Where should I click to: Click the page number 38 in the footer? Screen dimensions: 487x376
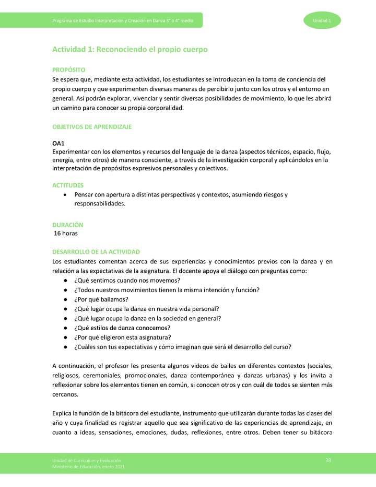pyautogui.click(x=328, y=460)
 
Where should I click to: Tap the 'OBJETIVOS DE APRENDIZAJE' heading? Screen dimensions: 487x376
pyautogui.click(x=92, y=127)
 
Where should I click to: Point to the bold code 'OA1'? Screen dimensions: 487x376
pyautogui.click(x=58, y=143)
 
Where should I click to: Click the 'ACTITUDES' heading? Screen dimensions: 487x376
pyautogui.click(x=68, y=185)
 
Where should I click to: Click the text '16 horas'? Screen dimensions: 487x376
pyautogui.click(x=66, y=233)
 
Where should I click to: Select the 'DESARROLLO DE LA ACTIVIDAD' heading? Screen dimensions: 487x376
pyautogui.click(x=96, y=252)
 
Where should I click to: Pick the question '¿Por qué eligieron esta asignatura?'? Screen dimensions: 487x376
pyautogui.click(x=123, y=337)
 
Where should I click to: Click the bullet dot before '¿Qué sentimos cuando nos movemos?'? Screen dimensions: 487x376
pyautogui.click(x=64, y=281)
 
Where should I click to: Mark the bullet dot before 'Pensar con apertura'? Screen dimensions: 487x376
pyautogui.click(x=64, y=195)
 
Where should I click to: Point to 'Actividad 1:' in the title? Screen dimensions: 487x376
pyautogui.click(x=69, y=50)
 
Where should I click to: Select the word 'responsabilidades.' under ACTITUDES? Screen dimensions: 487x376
pyautogui.click(x=100, y=204)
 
